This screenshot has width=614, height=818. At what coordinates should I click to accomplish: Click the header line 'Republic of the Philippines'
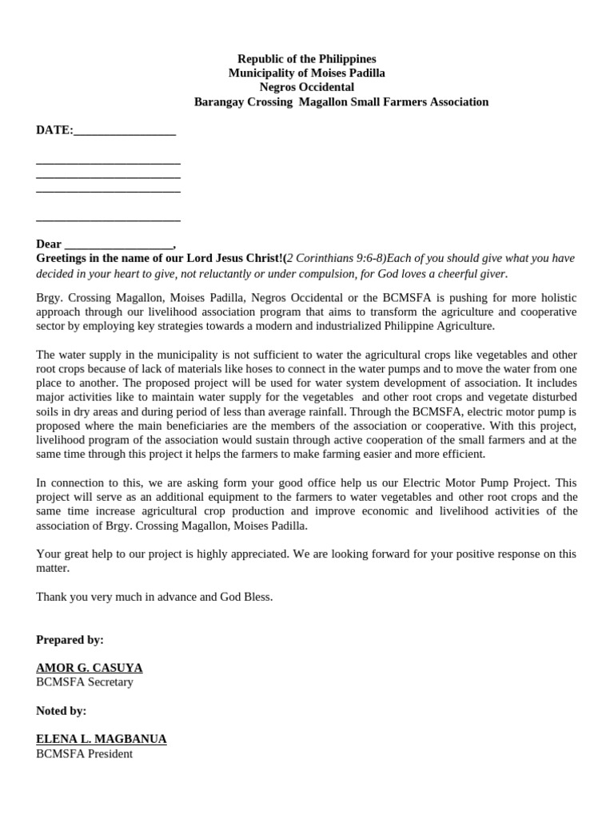coord(306,59)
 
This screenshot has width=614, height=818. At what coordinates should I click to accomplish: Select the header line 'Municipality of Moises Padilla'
coord(306,73)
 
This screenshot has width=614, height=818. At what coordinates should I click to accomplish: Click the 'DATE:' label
coord(54,130)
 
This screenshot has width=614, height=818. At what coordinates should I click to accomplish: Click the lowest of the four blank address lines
coord(108,217)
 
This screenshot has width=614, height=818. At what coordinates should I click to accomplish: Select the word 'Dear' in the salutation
coord(49,244)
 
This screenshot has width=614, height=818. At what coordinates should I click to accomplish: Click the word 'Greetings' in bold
coord(63,259)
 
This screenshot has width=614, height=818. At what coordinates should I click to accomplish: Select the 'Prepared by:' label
coord(70,640)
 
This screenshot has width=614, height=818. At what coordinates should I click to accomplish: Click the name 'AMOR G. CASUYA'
coord(89,668)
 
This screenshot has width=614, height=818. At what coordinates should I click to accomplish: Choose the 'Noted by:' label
coord(61,710)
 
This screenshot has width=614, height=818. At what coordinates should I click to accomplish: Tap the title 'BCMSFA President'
coord(84,753)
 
